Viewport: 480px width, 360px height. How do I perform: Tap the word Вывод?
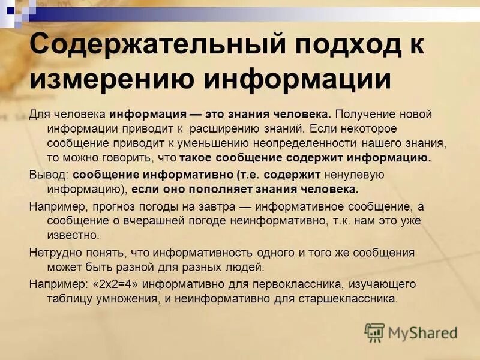coord(49,175)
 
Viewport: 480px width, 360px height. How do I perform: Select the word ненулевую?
coord(353,175)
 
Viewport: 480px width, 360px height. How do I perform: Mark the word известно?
coord(73,236)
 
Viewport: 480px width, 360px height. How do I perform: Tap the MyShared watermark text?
coord(422,332)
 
